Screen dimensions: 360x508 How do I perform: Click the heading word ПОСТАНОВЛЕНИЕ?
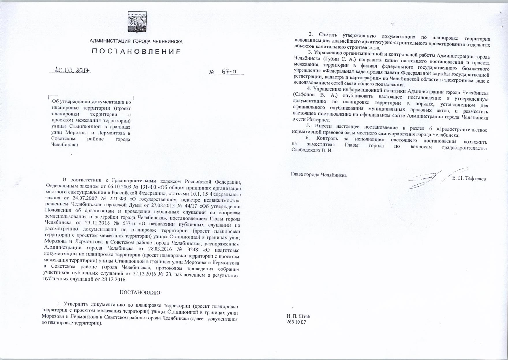[x=136, y=52]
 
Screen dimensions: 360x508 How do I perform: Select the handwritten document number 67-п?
[x=231, y=72]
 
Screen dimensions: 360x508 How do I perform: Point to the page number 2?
[x=392, y=25]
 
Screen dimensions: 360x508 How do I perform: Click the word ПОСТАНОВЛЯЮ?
[x=141, y=292]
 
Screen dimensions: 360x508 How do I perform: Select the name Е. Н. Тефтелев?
[x=469, y=179]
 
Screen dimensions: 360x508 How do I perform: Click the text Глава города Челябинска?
[x=319, y=175]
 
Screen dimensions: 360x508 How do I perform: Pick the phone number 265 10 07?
[x=296, y=322]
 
